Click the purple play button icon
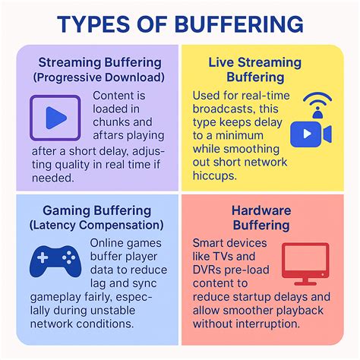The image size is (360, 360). pos(54,116)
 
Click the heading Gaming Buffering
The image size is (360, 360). pos(96,210)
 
